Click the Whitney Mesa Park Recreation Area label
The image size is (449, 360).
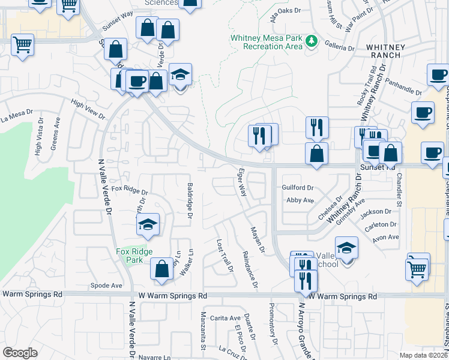[267, 42]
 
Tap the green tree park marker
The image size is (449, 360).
[311, 41]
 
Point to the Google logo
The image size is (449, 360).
[20, 353]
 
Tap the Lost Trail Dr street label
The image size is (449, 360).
[224, 256]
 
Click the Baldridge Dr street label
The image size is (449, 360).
[190, 200]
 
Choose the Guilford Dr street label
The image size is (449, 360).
[298, 188]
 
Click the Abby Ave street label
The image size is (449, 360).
[300, 200]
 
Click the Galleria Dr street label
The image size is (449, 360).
[340, 47]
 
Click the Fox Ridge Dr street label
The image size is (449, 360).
[130, 191]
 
